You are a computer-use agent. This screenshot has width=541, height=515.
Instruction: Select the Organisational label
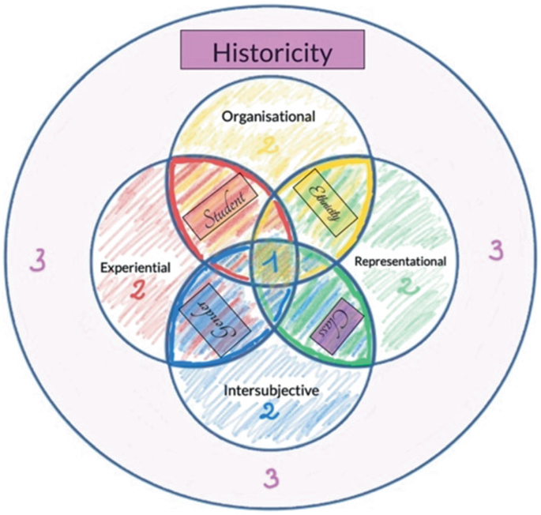[269, 116]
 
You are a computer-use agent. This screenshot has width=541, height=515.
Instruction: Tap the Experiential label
[135, 267]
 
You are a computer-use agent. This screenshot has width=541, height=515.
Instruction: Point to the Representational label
[400, 261]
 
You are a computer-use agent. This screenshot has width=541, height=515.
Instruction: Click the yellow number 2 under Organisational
[271, 144]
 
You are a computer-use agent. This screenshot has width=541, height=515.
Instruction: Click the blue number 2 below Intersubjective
[269, 412]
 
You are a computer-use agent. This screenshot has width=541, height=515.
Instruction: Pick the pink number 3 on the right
[495, 250]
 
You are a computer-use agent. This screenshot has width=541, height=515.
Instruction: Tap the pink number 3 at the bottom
[270, 477]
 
